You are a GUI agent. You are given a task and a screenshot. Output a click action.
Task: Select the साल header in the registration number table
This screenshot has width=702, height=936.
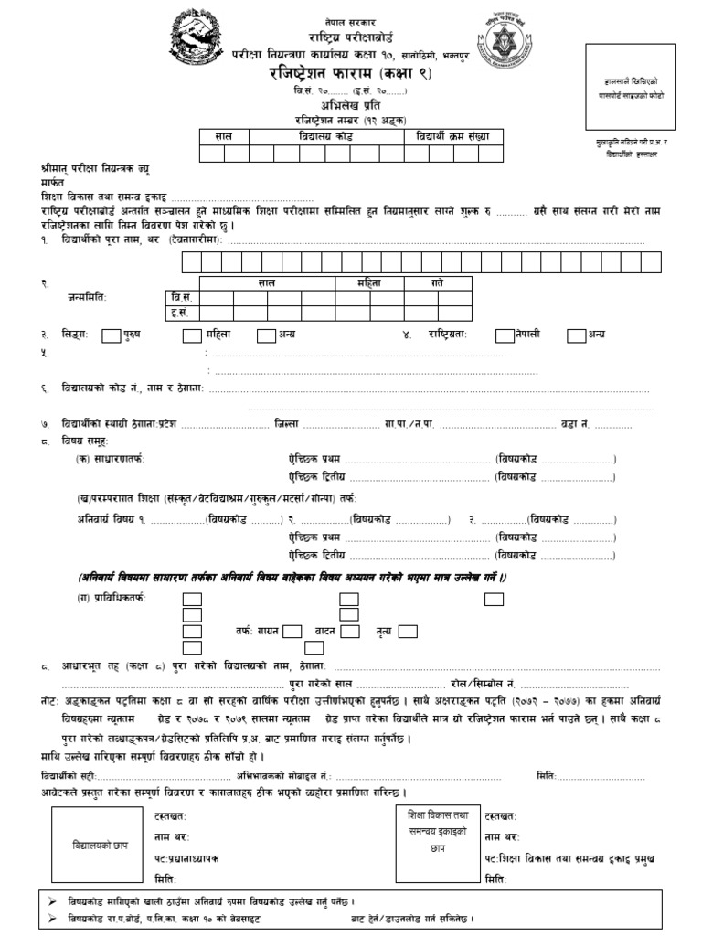click(x=224, y=135)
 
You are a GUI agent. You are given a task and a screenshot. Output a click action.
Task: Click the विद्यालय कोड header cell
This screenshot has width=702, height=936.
click(x=325, y=135)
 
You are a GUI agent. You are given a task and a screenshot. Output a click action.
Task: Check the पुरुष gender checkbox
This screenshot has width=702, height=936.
click(x=111, y=335)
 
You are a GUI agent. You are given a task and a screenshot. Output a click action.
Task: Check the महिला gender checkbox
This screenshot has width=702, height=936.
click(x=192, y=335)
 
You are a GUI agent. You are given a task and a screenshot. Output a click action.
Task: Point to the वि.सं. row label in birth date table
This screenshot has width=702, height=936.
click(x=181, y=298)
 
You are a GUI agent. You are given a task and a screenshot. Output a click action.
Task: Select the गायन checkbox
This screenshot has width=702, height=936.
click(x=292, y=631)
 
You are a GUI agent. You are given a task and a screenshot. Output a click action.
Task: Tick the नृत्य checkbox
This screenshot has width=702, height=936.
click(x=408, y=631)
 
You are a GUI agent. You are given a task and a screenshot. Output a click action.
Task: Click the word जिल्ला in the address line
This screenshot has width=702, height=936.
click(x=285, y=424)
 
